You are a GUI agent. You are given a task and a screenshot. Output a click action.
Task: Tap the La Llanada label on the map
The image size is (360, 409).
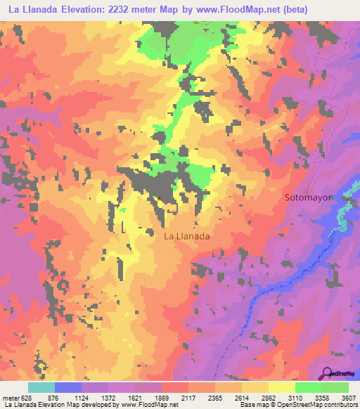pyautogui.click(x=186, y=237)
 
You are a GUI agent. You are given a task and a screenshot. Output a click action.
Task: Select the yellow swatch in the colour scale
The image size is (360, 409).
pyautogui.click(x=281, y=387)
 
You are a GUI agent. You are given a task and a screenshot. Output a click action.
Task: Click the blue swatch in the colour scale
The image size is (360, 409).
pyautogui.click(x=68, y=387)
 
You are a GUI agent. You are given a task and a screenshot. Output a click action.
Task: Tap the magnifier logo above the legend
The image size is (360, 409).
pyautogui.click(x=328, y=373)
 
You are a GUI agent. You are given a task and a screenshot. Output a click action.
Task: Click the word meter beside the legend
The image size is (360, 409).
pyautogui.click(x=11, y=398)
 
